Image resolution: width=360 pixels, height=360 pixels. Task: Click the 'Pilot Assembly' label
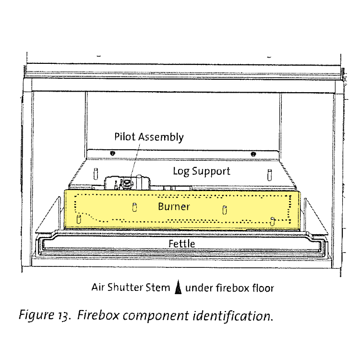tap(149, 137)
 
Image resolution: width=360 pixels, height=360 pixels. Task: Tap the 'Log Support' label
tap(201, 171)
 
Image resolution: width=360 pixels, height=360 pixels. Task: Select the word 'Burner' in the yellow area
tap(174, 206)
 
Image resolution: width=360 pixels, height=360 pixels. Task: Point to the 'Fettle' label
tap(181, 243)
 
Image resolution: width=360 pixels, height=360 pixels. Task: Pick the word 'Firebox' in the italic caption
tap(98, 315)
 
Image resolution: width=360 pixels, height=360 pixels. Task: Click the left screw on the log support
tap(112, 153)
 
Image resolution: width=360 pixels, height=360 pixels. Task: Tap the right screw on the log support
tap(253, 154)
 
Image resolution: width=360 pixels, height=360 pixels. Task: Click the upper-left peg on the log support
tap(96, 174)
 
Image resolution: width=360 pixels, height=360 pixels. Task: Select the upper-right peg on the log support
tap(270, 175)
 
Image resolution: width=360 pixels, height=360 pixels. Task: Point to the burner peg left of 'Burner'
tap(135, 207)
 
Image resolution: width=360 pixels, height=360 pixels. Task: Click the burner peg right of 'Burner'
tap(225, 210)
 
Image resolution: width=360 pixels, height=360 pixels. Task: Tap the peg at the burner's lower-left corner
tap(79, 219)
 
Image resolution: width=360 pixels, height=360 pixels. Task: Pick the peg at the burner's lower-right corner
tap(272, 221)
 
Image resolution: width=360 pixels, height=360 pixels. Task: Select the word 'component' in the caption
tap(156, 316)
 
